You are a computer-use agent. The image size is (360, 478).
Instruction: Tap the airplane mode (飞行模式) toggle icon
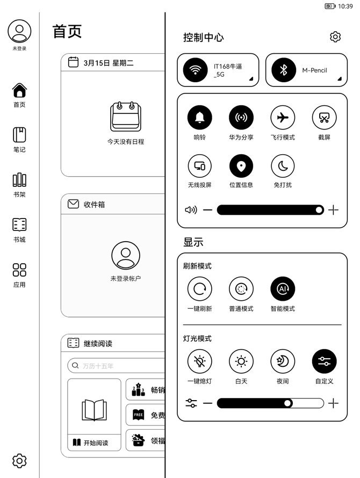[x=283, y=118]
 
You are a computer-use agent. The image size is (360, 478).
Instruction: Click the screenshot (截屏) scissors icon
[x=324, y=118]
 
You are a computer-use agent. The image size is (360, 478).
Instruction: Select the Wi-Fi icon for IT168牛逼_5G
[x=195, y=70]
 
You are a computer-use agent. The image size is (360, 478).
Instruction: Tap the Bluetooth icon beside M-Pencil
[x=283, y=70]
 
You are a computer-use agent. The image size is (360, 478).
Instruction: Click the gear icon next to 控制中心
[x=335, y=37]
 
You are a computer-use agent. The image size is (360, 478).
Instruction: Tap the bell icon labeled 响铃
[x=199, y=118]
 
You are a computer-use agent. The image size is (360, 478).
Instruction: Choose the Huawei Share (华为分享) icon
[x=241, y=118]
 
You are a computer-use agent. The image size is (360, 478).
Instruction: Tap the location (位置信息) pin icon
[x=241, y=166]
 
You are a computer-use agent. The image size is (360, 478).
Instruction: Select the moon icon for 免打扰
[x=283, y=166]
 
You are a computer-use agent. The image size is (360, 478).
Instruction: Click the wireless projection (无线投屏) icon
[x=199, y=166]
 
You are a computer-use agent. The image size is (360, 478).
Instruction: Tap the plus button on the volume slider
[x=333, y=210]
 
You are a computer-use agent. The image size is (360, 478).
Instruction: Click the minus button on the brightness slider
[x=207, y=403]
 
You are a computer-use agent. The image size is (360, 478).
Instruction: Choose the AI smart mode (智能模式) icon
[x=283, y=289]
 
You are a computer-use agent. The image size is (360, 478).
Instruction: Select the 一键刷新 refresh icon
[x=199, y=289]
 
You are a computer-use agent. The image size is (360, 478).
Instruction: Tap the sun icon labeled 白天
[x=241, y=361]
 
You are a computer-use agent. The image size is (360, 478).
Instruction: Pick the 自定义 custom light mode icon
[x=324, y=361]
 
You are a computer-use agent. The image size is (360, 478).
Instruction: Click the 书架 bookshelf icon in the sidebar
[x=19, y=179]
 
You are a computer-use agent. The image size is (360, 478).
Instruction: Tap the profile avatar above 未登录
[x=19, y=31]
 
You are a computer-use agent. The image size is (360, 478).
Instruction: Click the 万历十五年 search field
[x=116, y=366]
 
